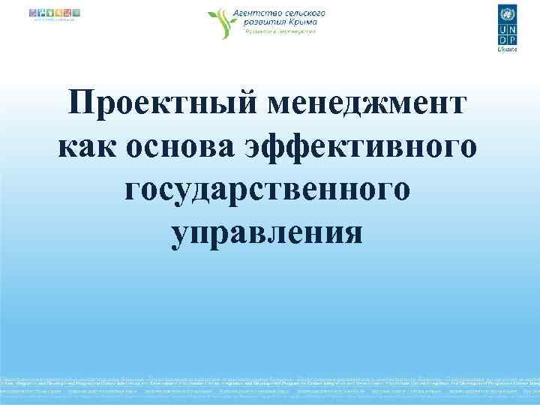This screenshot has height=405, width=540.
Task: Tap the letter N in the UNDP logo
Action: coord(512,28)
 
